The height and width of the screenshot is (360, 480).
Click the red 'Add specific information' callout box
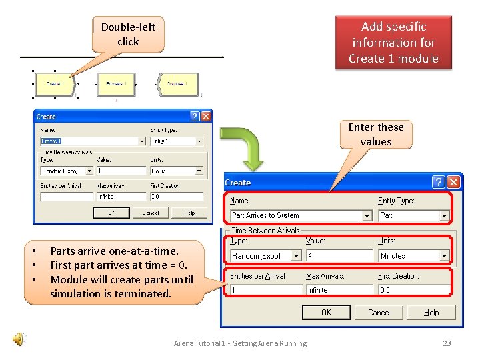tap(393, 43)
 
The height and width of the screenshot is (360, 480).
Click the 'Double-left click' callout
tap(128, 35)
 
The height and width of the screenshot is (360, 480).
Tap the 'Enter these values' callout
tap(376, 134)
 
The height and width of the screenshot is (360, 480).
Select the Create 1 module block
tap(55, 84)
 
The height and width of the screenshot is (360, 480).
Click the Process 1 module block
tap(117, 84)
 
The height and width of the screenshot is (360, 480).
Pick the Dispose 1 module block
tap(177, 84)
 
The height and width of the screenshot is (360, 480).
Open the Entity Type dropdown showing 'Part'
tap(413, 215)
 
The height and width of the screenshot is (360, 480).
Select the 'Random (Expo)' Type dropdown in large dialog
tap(265, 256)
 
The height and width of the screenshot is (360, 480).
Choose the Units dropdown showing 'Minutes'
tap(413, 256)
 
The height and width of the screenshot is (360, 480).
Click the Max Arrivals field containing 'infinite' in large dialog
tap(338, 290)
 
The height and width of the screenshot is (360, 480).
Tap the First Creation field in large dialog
tap(413, 290)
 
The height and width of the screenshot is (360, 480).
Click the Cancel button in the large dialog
tap(379, 312)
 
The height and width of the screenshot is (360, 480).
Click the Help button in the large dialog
tap(431, 312)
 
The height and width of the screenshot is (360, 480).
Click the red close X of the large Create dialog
tap(454, 182)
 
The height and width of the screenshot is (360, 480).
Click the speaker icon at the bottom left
tap(20, 340)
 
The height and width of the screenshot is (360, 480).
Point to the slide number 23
tap(447, 343)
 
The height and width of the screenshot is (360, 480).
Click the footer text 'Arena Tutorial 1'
tap(240, 343)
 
